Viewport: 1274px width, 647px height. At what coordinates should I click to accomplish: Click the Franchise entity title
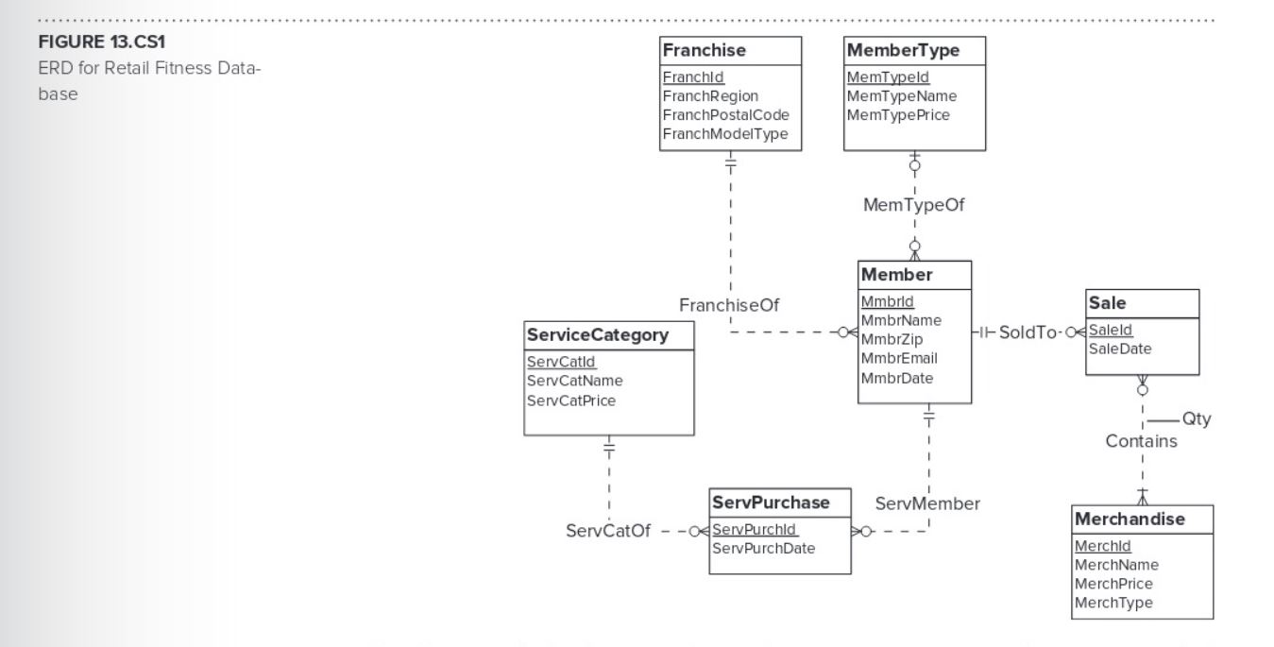[705, 51]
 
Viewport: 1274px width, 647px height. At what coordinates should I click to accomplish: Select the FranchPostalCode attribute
[725, 115]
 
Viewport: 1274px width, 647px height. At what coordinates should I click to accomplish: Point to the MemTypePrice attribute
[898, 115]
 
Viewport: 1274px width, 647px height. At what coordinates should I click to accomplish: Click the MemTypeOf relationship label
[913, 204]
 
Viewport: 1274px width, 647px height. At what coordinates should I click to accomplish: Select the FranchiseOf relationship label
[729, 304]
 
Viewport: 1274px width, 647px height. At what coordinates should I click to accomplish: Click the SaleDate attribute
[1120, 349]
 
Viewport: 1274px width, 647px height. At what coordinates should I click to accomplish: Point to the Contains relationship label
[1142, 441]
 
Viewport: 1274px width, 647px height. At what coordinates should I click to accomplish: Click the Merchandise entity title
[1130, 519]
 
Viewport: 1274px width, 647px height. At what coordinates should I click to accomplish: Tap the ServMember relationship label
[927, 503]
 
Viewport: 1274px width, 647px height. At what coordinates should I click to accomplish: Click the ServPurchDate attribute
[763, 548]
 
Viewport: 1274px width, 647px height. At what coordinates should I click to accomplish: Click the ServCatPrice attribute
[571, 400]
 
